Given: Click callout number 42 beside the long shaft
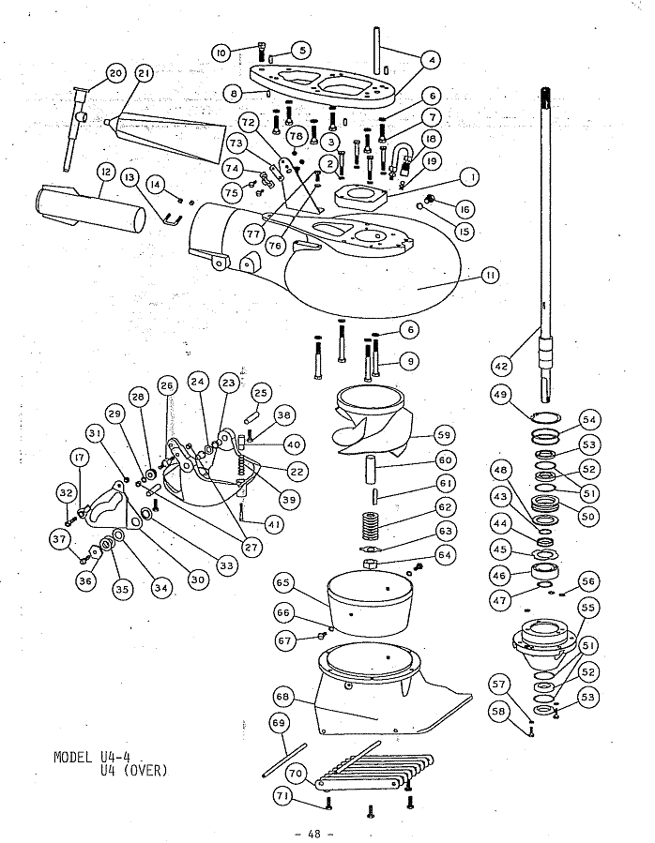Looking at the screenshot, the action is click(x=501, y=367).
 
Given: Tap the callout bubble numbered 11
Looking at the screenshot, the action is click(x=490, y=276).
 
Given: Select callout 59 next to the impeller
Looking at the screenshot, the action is click(x=444, y=435).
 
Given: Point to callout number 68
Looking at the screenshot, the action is click(x=282, y=697).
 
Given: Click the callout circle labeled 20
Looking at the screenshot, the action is click(x=115, y=73).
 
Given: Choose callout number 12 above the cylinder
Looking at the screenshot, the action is click(x=105, y=172).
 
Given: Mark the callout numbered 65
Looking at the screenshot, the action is click(x=283, y=583).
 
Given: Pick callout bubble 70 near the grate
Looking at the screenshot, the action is click(x=295, y=775).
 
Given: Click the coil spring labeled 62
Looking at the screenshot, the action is click(x=369, y=525).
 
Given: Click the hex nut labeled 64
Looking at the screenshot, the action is click(x=370, y=564).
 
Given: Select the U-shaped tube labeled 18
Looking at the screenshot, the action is click(x=401, y=155).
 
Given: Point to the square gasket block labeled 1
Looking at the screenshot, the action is click(x=360, y=197).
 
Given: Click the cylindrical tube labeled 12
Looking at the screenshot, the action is click(x=90, y=207).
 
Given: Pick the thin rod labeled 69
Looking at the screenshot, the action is click(x=285, y=760).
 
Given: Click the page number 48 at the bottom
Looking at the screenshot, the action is click(x=313, y=834).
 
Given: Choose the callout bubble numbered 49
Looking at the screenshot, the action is click(x=500, y=395).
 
